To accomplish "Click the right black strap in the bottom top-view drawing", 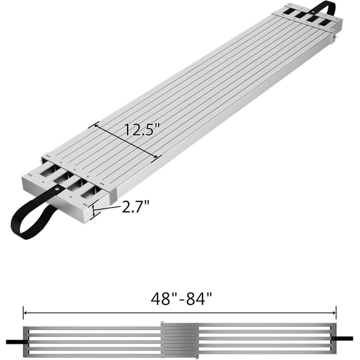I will pyautogui.click(x=344, y=339).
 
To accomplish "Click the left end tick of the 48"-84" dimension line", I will pyautogui.click(x=24, y=312).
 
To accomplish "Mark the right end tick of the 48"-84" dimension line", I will pyautogui.click(x=336, y=312).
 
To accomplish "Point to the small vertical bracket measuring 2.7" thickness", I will pyautogui.click(x=93, y=211).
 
